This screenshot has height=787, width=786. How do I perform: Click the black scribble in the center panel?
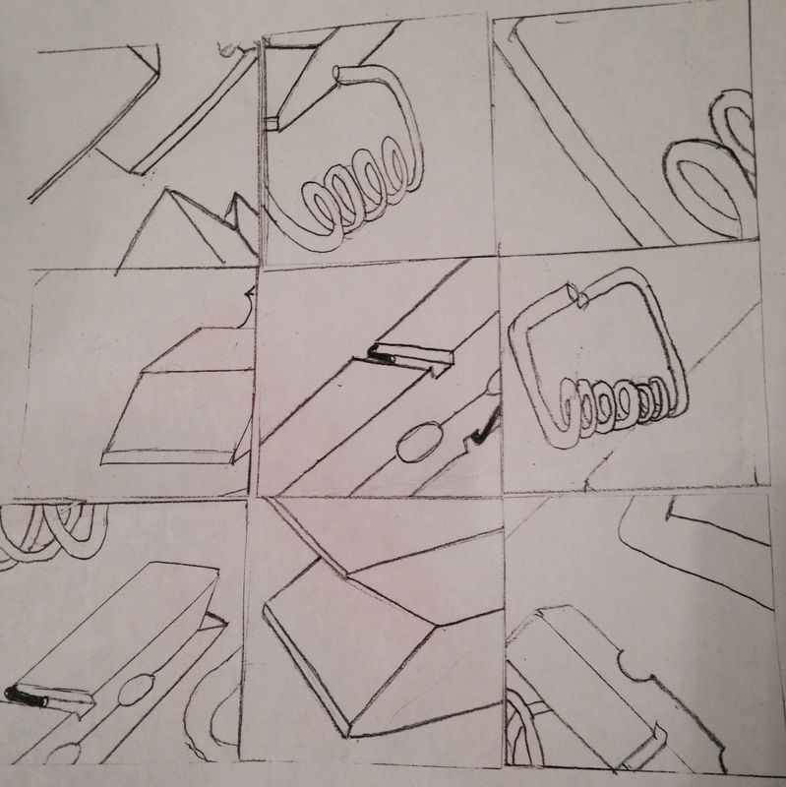pyautogui.click(x=380, y=355)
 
